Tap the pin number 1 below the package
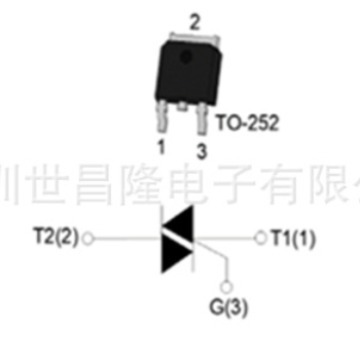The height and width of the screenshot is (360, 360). [159, 143]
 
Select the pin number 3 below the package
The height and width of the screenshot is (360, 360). [200, 150]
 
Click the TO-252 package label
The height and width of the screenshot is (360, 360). [247, 125]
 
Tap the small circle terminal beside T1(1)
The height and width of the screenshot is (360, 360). [263, 238]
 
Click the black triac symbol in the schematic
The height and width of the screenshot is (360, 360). [179, 238]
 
